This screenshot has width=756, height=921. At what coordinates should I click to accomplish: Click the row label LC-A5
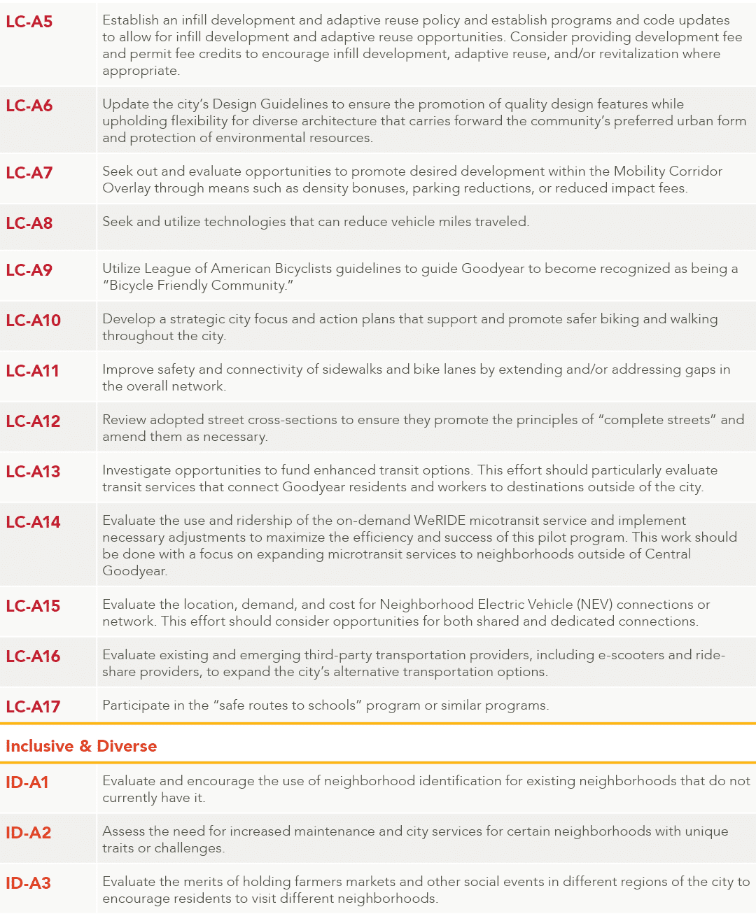click(x=29, y=22)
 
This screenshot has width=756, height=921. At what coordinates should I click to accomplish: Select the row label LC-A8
click(x=29, y=223)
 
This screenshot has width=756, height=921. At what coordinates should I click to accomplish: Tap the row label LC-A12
click(x=33, y=421)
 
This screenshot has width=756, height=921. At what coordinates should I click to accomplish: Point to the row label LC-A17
click(x=33, y=707)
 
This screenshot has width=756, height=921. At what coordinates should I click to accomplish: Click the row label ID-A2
click(x=29, y=833)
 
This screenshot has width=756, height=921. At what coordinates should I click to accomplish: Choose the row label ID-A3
click(x=29, y=883)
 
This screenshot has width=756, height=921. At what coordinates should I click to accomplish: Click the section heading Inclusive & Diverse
click(x=81, y=746)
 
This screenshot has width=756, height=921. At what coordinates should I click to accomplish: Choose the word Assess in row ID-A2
click(x=122, y=831)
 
